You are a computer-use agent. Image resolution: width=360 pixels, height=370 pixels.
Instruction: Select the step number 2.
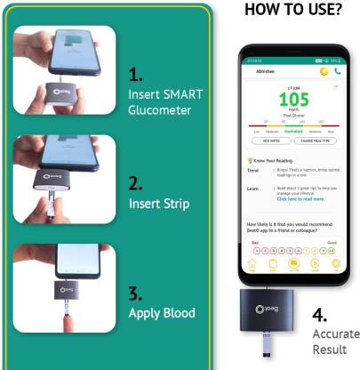click(x=136, y=185)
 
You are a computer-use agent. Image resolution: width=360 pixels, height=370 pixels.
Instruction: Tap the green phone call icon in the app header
click(x=338, y=71)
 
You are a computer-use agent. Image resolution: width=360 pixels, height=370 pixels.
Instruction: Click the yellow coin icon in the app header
click(x=324, y=71)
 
